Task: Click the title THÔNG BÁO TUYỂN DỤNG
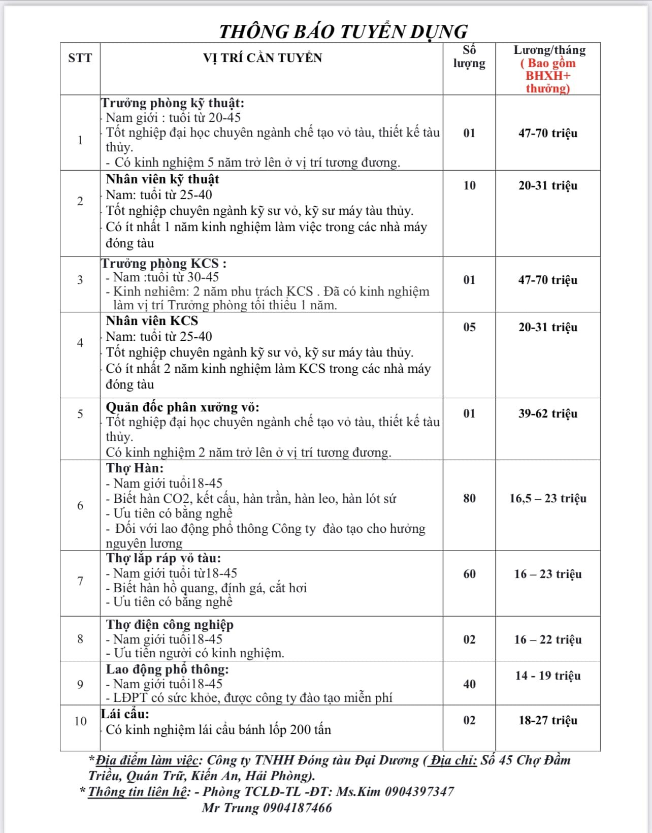pos(343,31)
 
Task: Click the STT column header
pos(80,58)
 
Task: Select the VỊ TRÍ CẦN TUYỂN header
pos(263,58)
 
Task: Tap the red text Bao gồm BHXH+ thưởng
pos(548,76)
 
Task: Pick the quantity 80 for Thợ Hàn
pos(469,498)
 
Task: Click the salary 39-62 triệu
pos(547,413)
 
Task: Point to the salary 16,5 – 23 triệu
pos(547,498)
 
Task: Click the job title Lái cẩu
pos(125,714)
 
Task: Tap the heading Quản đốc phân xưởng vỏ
pos(182,407)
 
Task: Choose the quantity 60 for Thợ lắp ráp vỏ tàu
pos(469,574)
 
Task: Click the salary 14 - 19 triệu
pos(547,676)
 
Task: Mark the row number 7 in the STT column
pos(80,581)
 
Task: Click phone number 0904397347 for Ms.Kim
pos(419,791)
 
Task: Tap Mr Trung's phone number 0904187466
pos(297,808)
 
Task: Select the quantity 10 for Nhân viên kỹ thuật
pos(469,185)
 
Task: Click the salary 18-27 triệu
pos(547,720)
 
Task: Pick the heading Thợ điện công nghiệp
pos(170,624)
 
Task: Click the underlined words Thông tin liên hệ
pos(138,791)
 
